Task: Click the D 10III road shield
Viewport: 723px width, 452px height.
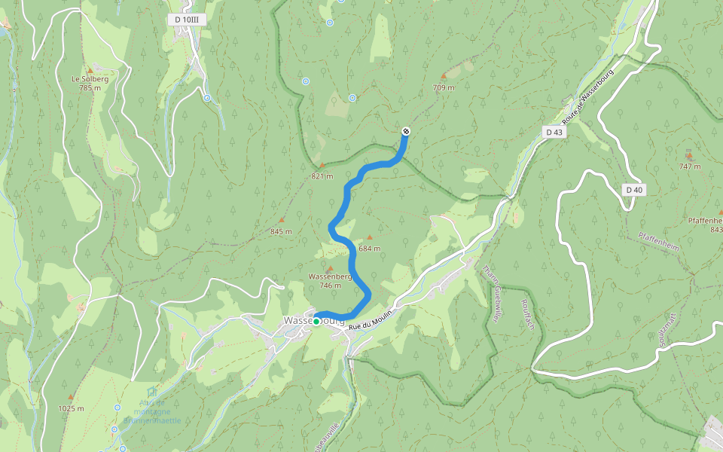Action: point(185,19)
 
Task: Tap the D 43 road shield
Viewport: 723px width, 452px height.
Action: point(554,132)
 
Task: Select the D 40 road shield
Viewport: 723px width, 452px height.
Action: point(634,190)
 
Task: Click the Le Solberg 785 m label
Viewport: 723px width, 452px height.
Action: point(90,83)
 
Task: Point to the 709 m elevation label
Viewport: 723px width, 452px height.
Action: point(444,87)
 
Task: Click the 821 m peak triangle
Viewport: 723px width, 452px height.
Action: point(322,166)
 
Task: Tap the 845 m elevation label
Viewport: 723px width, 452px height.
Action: point(281,231)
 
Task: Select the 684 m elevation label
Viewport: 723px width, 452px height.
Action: point(370,248)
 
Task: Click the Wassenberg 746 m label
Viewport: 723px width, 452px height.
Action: point(330,280)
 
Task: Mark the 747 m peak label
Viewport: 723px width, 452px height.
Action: point(689,166)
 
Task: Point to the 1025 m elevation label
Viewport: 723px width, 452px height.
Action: point(71,408)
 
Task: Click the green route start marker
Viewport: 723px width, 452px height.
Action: point(316,322)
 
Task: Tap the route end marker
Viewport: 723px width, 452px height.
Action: point(406,132)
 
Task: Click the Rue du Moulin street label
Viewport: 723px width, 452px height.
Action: point(371,319)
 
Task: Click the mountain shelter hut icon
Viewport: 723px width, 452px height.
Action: point(152,392)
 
